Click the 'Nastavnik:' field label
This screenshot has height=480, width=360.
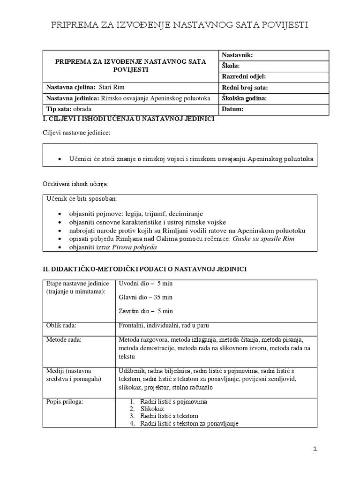click(237, 55)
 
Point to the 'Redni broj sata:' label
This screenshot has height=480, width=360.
click(244, 88)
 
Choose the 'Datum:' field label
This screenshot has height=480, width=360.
click(232, 109)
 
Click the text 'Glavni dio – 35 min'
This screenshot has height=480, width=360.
click(146, 297)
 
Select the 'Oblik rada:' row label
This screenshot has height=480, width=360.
click(61, 326)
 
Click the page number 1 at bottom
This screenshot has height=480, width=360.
click(315, 449)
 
